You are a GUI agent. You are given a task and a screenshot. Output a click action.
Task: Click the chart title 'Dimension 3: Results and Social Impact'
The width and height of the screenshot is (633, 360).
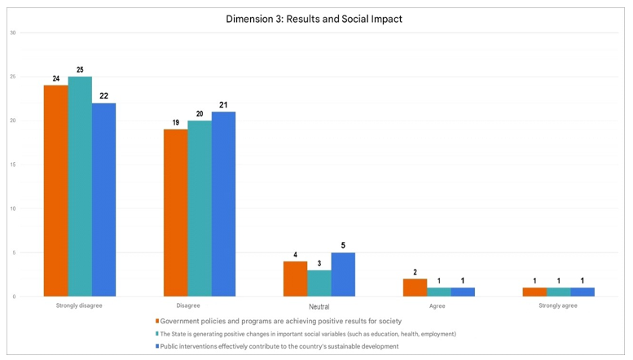[x=315, y=19]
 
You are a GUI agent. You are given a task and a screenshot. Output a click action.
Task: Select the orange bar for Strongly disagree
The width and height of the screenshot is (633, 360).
[x=55, y=191]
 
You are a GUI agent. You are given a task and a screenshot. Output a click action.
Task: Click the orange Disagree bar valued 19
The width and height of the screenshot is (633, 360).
[x=175, y=213]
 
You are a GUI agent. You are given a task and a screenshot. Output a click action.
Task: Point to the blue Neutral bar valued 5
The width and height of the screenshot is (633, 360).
[x=343, y=274]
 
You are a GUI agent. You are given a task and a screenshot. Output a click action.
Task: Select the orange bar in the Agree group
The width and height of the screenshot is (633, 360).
[x=415, y=288]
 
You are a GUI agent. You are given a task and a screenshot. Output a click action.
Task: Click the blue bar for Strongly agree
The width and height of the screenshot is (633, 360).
[x=582, y=292]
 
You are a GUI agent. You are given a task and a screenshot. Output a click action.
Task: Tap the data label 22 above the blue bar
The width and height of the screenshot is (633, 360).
[x=103, y=96]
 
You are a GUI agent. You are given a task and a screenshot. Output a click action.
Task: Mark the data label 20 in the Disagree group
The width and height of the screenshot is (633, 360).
[x=200, y=113]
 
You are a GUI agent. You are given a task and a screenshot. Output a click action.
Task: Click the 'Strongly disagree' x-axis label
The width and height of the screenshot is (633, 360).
[x=79, y=306]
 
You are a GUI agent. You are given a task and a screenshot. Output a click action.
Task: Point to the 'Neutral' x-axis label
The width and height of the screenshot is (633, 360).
[x=319, y=307]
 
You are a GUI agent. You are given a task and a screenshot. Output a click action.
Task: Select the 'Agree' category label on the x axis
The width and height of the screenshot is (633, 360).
[x=438, y=306]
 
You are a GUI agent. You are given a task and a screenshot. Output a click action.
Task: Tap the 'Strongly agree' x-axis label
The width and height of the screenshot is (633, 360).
[x=558, y=306]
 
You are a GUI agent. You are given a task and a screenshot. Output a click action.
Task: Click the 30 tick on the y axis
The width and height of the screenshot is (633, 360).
[x=12, y=33]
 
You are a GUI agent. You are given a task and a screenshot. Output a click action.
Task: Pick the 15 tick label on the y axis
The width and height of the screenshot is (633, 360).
[x=12, y=165]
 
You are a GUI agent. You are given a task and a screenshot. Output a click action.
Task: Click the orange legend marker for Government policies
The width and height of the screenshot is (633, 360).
[x=156, y=321]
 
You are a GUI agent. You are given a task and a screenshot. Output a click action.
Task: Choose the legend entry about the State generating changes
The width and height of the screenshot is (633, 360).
[x=308, y=334]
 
